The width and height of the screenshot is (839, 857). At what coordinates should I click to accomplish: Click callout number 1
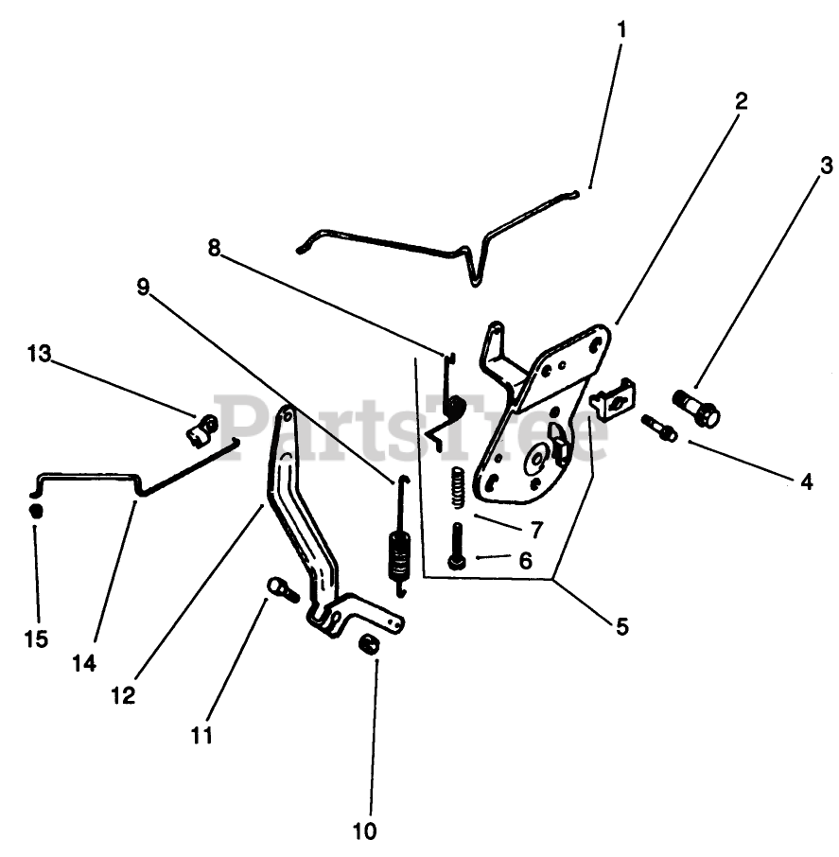621,29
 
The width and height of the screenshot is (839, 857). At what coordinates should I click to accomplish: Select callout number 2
741,101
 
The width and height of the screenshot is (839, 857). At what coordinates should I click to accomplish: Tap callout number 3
826,167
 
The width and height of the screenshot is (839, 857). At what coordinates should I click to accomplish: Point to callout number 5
621,626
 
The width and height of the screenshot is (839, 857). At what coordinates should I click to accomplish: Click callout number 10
364,831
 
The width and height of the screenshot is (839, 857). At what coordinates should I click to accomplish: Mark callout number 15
36,639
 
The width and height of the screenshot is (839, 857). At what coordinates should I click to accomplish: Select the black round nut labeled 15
36,511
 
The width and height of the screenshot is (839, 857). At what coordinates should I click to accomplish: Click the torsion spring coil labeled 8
455,409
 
